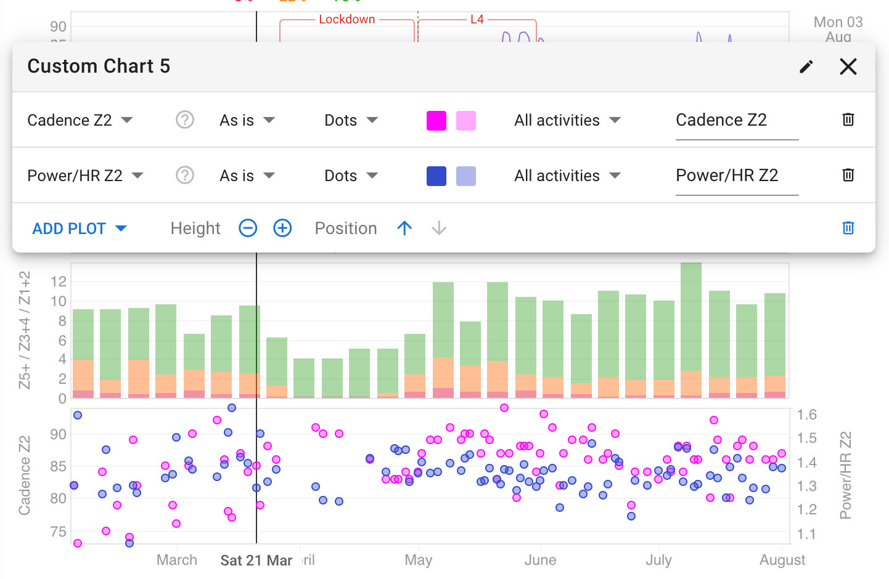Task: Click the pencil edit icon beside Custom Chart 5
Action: pos(806,67)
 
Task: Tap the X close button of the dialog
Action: pos(848,67)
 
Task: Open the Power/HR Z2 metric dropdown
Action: pos(85,176)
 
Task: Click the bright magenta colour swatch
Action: pos(436,120)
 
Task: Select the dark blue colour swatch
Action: pos(436,176)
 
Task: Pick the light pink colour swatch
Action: pos(466,120)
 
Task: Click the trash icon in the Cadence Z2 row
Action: pos(848,119)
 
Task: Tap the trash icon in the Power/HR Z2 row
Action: pos(848,175)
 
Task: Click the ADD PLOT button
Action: pos(79,229)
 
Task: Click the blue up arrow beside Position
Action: pos(404,229)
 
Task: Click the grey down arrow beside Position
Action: pos(439,229)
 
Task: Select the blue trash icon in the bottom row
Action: pos(848,228)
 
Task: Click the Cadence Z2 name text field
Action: pos(736,120)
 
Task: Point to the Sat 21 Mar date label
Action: pos(256,561)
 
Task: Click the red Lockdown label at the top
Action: pos(347,19)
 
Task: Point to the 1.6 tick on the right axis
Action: pos(806,415)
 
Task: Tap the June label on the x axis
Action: pos(540,561)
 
